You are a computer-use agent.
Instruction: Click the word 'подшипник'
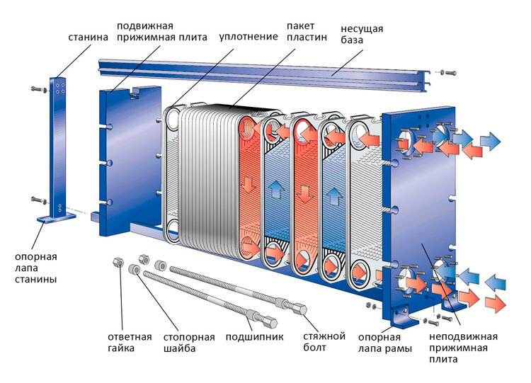(x=254, y=337)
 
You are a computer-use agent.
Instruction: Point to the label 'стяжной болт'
(x=324, y=342)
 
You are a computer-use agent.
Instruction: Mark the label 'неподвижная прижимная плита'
(x=463, y=348)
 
